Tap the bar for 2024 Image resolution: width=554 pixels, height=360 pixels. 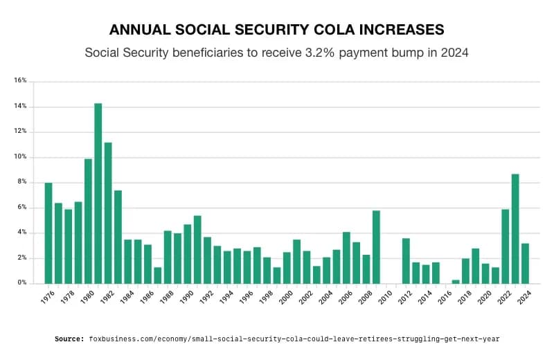click(525, 264)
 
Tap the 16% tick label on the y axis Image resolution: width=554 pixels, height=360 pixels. click(20, 81)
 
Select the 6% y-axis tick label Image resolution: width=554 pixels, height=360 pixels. click(21, 208)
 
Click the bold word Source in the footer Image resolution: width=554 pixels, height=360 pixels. click(69, 339)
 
